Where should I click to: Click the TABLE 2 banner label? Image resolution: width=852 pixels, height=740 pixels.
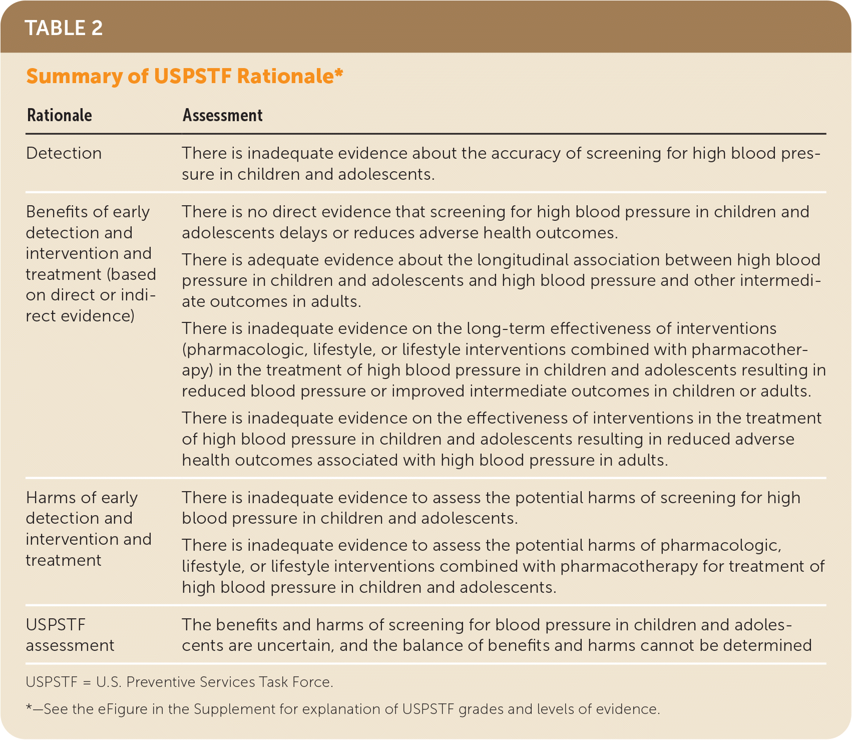(x=64, y=28)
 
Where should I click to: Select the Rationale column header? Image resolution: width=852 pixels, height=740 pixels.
(x=60, y=115)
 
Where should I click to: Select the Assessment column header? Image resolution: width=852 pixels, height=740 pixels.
(x=222, y=115)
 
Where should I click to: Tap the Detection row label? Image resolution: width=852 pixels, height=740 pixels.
(x=64, y=153)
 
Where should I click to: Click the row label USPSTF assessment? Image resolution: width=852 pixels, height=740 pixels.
(x=70, y=635)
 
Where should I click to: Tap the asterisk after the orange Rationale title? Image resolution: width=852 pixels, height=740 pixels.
(x=339, y=73)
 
